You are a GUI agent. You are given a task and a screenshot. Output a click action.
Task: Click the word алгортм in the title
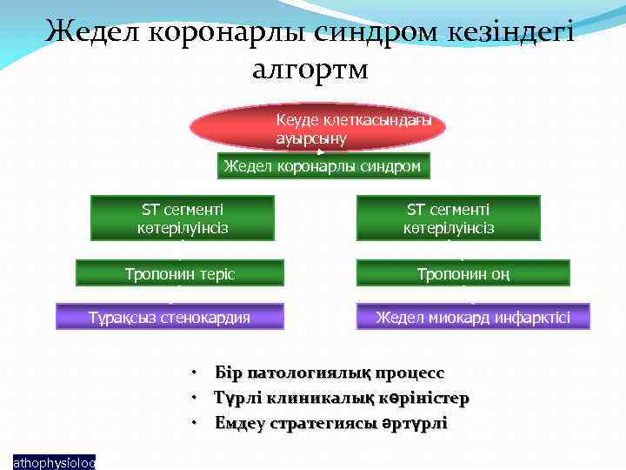(310, 69)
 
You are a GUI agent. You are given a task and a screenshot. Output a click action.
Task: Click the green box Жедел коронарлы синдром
(323, 166)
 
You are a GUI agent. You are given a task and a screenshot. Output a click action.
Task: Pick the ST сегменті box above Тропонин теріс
(182, 218)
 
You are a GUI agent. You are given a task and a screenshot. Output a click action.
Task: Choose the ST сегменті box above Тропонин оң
(448, 218)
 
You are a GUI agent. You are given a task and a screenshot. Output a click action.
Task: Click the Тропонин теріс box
(180, 273)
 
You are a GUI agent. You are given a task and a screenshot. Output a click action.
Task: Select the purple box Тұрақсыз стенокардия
(170, 317)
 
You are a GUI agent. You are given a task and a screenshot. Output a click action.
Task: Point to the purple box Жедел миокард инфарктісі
(473, 317)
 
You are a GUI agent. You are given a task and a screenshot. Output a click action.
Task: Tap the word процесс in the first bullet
(410, 373)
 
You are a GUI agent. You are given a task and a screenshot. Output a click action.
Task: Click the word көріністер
(425, 399)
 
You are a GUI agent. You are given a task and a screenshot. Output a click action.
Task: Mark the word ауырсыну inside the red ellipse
(311, 138)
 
